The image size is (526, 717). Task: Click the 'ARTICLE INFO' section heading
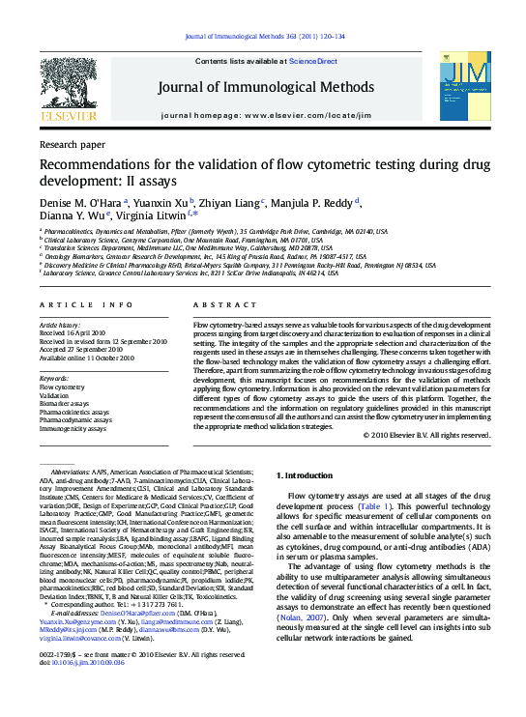pos(73,304)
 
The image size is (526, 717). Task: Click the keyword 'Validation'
pos(54,395)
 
